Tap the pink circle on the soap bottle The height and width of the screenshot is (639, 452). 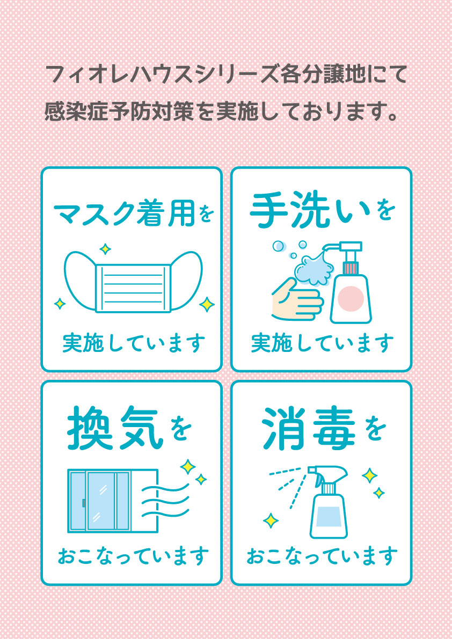point(351,298)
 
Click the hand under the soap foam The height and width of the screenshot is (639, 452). point(297,299)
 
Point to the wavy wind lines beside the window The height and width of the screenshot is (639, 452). point(165,501)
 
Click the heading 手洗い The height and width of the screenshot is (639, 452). point(310,211)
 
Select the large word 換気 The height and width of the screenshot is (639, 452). point(115,428)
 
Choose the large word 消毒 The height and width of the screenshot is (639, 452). point(309,428)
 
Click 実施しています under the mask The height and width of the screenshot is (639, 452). point(134,343)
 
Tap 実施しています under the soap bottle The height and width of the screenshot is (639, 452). point(323,343)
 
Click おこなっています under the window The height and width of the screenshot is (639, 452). point(133,556)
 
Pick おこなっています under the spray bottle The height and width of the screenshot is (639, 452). point(322,556)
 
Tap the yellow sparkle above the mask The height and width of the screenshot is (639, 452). point(105,248)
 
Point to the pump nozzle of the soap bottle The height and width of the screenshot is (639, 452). point(331,247)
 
